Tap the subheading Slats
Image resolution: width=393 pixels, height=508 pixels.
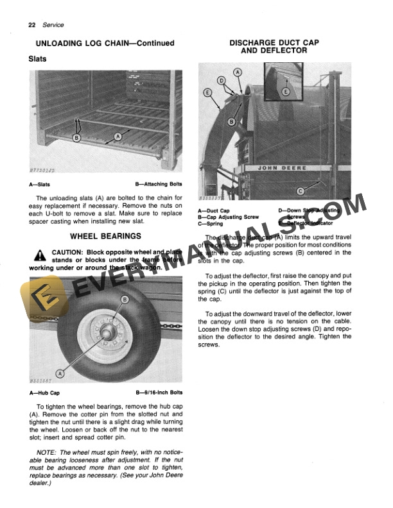coord(40,58)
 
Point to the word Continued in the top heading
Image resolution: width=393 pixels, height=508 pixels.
coord(151,43)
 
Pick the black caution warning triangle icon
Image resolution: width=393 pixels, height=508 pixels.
coord(39,255)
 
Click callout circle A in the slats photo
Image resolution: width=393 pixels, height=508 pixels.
coord(117,137)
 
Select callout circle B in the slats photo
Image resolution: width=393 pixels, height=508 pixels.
coord(76,137)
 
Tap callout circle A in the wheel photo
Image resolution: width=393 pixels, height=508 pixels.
coord(60,373)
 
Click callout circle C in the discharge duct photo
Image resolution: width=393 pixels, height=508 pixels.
coord(300,190)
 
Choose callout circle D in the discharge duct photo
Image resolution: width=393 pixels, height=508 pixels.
coord(222,81)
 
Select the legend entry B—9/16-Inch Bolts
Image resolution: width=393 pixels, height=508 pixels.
coord(159,393)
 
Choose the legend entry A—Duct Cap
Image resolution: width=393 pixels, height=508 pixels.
coord(214,210)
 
